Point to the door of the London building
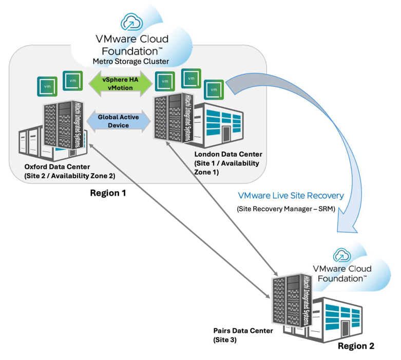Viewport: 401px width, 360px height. tap(226, 133)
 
